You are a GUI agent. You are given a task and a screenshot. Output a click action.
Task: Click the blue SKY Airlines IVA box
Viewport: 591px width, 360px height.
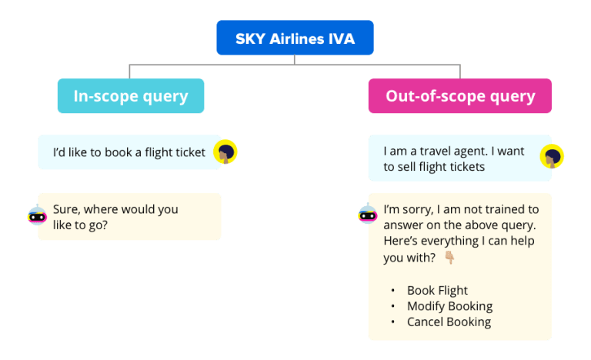[295, 38]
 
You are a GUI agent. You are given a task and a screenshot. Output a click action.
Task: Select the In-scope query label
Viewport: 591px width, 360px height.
[130, 96]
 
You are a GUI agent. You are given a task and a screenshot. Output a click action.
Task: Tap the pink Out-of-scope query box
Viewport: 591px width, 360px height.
[459, 96]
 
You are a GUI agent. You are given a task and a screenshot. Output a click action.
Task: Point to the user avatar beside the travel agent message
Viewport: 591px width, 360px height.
[552, 157]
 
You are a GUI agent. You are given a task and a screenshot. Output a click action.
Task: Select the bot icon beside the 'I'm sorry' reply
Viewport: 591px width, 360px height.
[367, 215]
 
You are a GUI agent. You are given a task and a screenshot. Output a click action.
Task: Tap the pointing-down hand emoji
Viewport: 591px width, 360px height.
[449, 258]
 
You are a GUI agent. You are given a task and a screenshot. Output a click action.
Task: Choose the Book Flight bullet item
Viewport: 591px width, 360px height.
[437, 291]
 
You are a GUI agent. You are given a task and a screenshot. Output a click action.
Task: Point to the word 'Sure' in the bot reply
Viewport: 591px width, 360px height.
[66, 209]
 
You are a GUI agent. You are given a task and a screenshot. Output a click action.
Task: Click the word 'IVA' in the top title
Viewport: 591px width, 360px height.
[339, 38]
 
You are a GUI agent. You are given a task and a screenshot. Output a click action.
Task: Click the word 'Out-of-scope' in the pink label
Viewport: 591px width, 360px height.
[436, 96]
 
